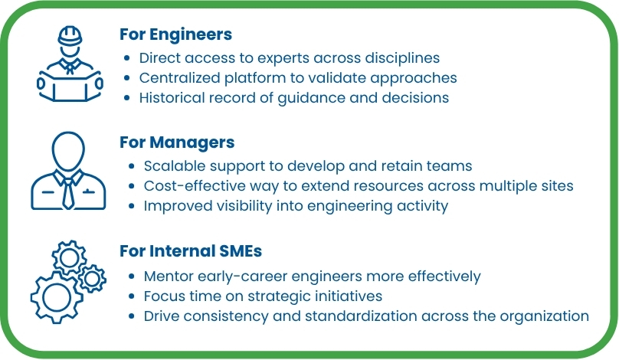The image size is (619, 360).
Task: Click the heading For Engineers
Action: click(x=176, y=34)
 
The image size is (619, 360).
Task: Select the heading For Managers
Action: click(x=177, y=142)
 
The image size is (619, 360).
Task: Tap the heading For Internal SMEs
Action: click(x=192, y=252)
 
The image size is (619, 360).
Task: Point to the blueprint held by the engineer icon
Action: click(x=70, y=85)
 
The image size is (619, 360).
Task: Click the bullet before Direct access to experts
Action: click(x=127, y=58)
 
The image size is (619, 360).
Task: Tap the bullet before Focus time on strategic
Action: click(x=133, y=296)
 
